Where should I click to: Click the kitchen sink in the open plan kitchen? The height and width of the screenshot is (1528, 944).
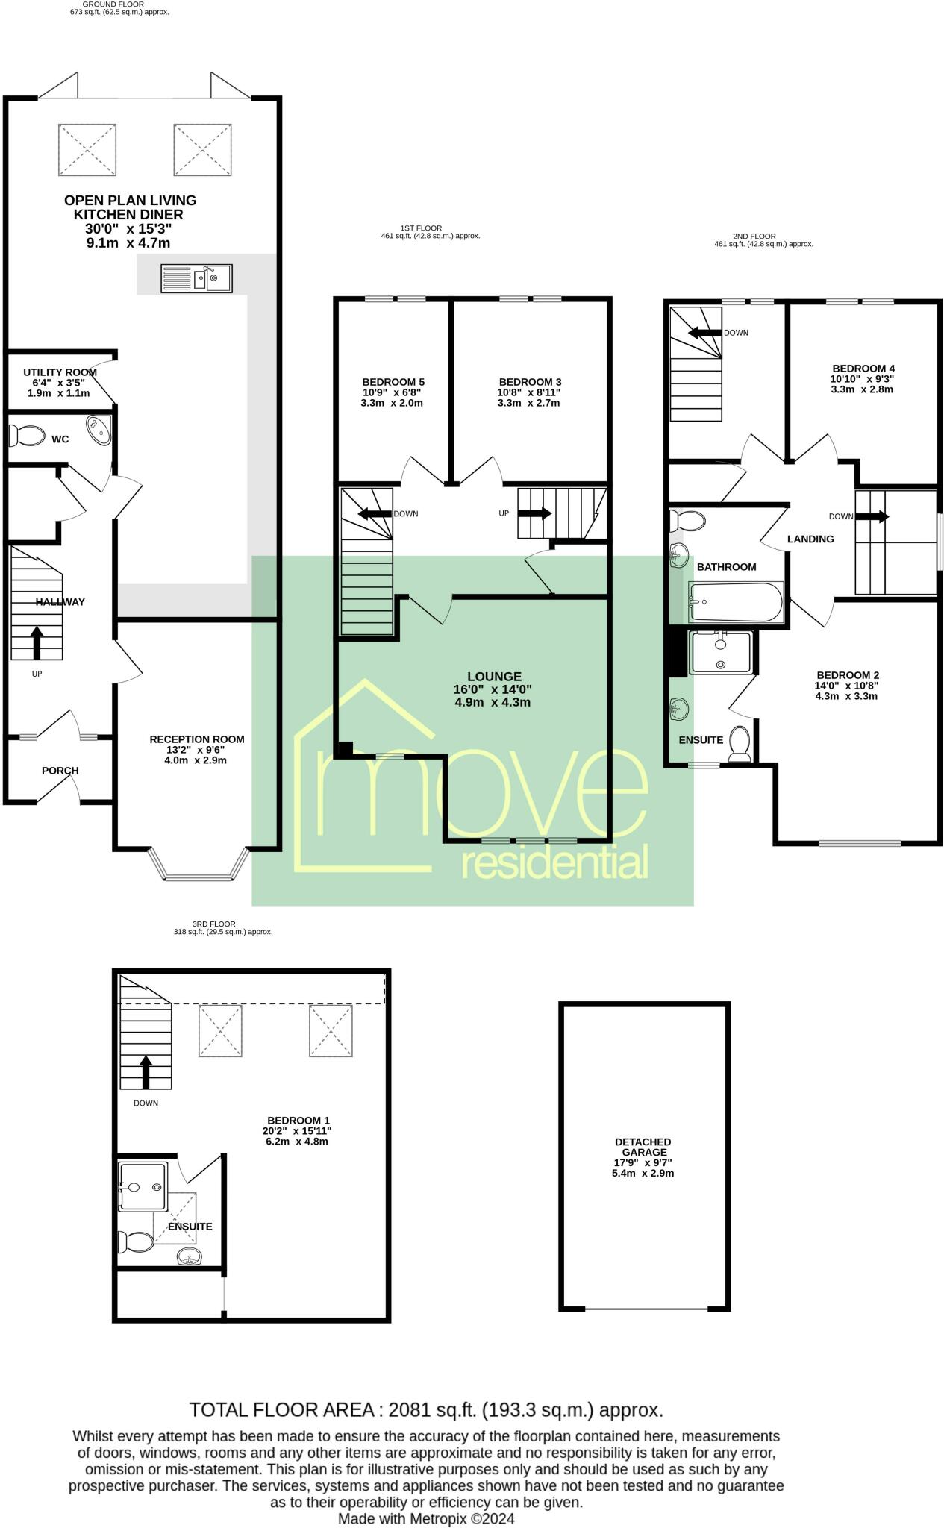(x=196, y=278)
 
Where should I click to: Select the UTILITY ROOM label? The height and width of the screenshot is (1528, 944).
(x=60, y=372)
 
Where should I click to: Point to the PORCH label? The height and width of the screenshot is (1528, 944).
(x=60, y=771)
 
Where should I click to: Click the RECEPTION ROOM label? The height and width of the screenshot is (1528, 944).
(x=197, y=739)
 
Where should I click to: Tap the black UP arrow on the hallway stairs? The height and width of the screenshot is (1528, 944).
(x=37, y=642)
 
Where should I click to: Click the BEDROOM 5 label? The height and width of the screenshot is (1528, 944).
(x=393, y=382)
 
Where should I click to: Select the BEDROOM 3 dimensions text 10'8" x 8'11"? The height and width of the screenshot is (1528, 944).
(x=529, y=392)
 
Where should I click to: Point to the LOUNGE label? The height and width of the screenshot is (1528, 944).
(x=493, y=677)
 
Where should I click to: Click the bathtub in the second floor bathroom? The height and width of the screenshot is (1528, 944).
(x=736, y=602)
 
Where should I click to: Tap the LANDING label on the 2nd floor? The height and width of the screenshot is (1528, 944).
(x=810, y=539)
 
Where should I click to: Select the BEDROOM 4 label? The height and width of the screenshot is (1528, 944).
(x=863, y=369)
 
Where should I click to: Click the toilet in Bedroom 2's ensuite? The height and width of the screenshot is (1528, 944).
(x=740, y=744)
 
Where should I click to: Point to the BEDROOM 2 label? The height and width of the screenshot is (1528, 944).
(x=848, y=676)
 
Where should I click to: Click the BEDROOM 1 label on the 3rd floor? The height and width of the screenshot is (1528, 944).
(x=298, y=1121)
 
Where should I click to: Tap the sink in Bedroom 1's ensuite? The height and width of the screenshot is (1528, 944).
(x=189, y=1258)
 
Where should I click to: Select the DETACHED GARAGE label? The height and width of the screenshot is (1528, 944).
(x=643, y=1147)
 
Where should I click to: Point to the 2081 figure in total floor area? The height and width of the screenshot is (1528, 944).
(x=405, y=1410)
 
